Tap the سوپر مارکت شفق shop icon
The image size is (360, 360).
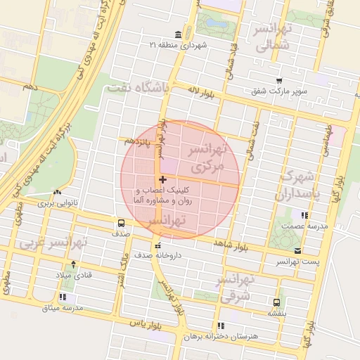[x=280, y=81]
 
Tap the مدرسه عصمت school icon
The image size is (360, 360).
[x=304, y=216]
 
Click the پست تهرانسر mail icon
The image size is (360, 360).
[x=298, y=251]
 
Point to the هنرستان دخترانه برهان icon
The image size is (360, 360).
[x=221, y=326]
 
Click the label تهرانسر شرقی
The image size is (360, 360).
[x=239, y=288]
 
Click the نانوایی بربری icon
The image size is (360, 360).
[x=56, y=193]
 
